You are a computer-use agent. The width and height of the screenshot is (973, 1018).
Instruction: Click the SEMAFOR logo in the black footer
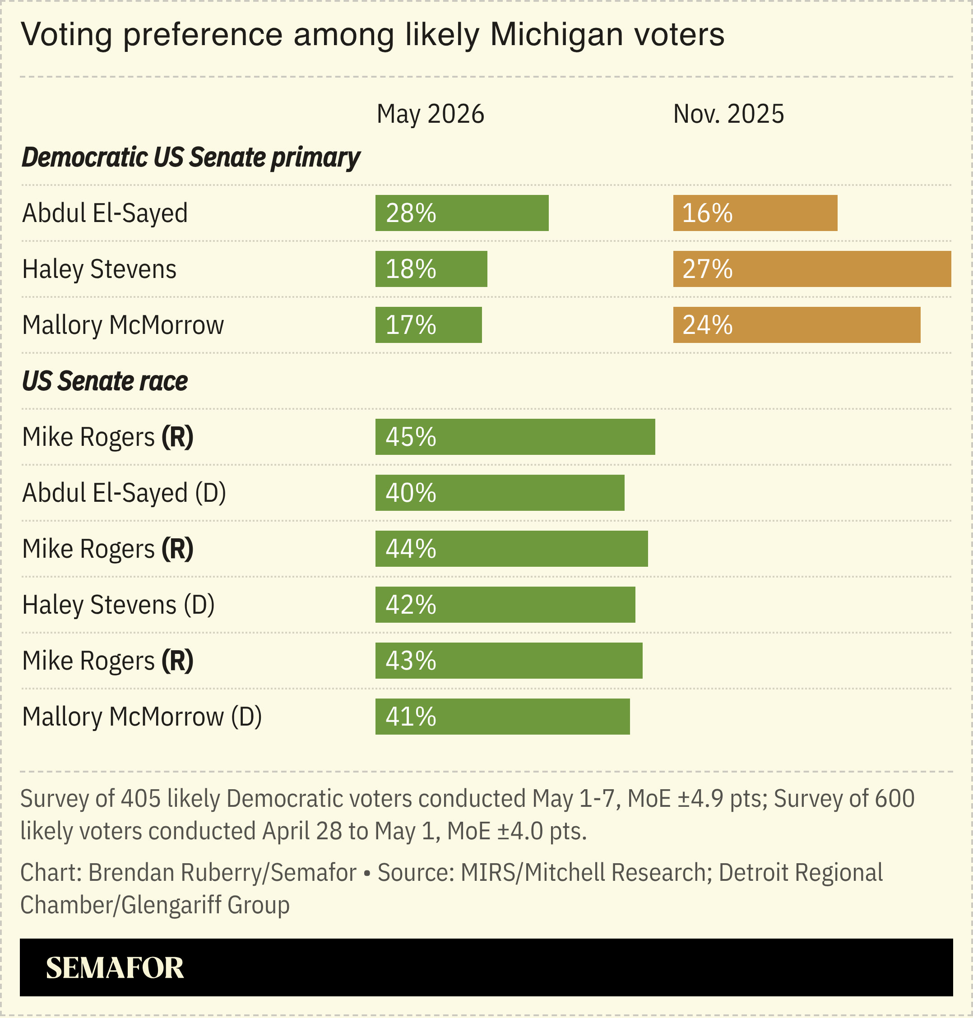click(x=115, y=968)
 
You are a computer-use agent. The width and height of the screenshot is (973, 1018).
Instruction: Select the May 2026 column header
click(x=430, y=114)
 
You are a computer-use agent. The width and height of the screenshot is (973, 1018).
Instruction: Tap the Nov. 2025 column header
click(x=728, y=114)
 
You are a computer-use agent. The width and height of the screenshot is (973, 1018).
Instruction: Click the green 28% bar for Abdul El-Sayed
click(x=462, y=213)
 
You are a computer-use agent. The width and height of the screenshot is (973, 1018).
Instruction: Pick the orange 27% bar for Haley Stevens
click(x=812, y=269)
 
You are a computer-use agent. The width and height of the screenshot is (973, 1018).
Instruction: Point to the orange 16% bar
click(x=755, y=213)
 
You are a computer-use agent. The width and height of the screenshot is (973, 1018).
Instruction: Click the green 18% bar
click(x=431, y=269)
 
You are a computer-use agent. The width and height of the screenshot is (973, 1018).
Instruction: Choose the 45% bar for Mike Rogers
click(x=515, y=437)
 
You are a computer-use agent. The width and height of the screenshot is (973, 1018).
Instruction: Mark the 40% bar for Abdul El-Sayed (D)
click(x=500, y=493)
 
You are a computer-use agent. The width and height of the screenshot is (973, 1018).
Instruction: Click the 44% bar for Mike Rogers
click(x=511, y=549)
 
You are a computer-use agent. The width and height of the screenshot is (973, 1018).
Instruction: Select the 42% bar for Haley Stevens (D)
click(x=505, y=605)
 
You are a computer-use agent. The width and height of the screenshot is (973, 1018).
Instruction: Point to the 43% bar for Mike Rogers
click(x=509, y=661)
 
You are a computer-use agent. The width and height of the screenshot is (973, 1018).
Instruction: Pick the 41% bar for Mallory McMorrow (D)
click(x=503, y=717)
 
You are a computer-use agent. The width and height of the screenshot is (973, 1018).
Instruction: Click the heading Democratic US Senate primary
click(x=191, y=157)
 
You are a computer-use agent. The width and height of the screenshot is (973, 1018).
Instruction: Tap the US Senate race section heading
click(x=105, y=381)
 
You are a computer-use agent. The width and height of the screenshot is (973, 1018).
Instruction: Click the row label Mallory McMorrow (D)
click(x=142, y=717)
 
